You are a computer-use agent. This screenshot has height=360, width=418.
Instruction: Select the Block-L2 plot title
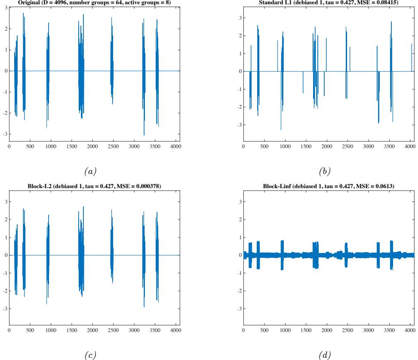tap(93, 185)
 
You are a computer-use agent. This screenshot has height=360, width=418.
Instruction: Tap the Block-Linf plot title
tap(329, 185)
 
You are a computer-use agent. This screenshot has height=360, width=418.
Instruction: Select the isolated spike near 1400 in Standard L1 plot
tap(303, 82)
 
